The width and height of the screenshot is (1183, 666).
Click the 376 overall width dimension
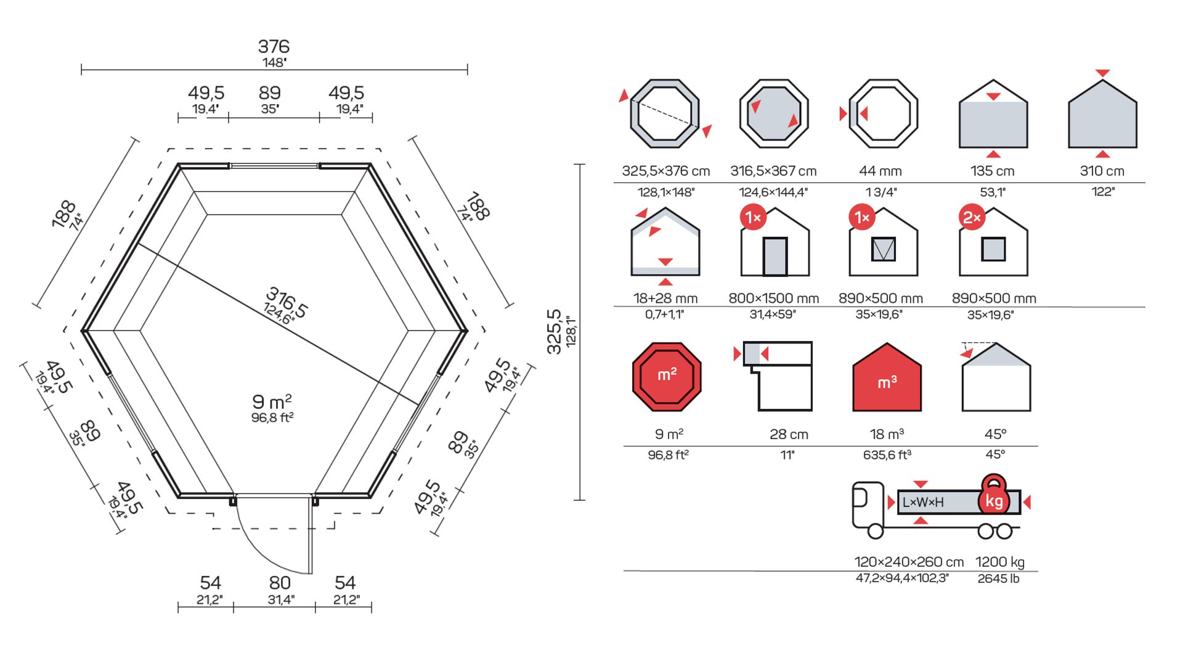[x=274, y=47]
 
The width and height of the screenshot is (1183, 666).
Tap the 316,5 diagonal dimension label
[x=287, y=303]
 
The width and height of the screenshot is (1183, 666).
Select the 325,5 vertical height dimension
[x=555, y=332]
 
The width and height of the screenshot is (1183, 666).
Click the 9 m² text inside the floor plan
[x=272, y=402]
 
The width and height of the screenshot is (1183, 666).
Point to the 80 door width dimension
[x=280, y=583]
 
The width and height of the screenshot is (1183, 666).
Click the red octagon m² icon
[x=667, y=377]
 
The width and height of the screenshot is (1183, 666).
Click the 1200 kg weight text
[x=999, y=562]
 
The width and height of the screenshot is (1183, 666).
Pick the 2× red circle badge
[x=972, y=217]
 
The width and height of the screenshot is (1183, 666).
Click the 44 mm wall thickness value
[x=880, y=171]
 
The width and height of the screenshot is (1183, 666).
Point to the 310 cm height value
[x=1102, y=171]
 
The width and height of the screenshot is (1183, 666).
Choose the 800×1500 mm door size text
[x=773, y=298]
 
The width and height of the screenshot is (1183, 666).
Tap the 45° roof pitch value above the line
[x=995, y=434]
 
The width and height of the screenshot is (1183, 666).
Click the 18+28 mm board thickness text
[x=665, y=298]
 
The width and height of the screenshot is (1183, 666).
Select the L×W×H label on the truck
[x=923, y=502]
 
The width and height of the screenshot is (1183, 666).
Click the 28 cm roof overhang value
[x=789, y=434]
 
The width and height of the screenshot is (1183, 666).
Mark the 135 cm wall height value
[x=992, y=171]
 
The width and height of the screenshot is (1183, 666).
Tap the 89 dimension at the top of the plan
[x=270, y=93]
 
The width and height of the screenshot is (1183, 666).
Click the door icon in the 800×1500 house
[x=775, y=256]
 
